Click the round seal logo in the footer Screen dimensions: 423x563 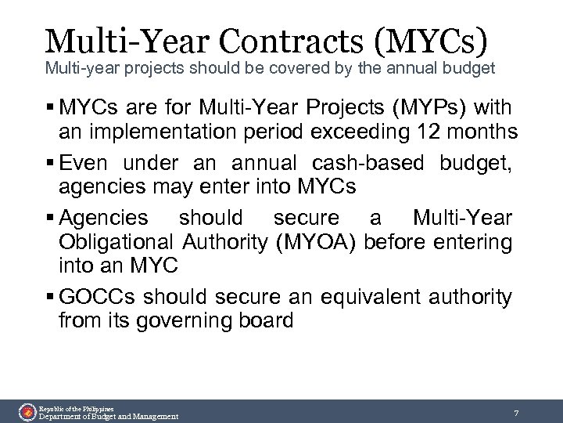[x=27, y=411]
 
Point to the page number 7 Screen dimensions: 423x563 [x=517, y=412]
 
